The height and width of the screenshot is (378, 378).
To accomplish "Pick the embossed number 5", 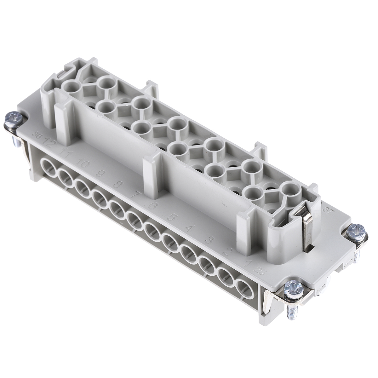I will (x=172, y=217).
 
